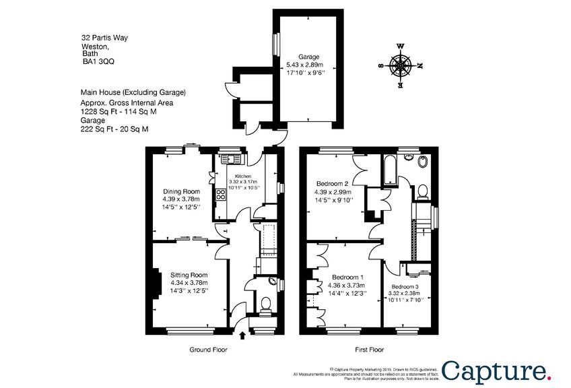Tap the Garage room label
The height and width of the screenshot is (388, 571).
[x=310, y=57]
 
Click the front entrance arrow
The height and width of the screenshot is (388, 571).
[x=242, y=335]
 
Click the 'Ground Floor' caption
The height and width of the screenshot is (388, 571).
[x=207, y=350]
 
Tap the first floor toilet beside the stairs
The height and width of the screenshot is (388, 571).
[x=422, y=192]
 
